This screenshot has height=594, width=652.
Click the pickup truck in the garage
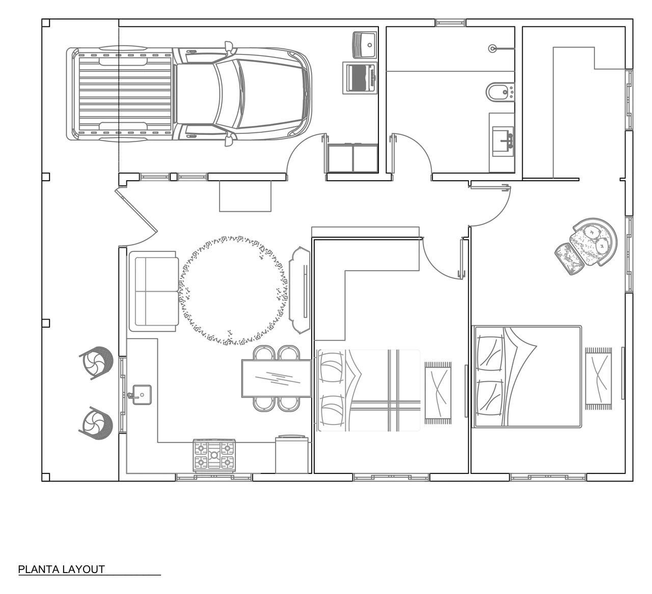(189, 94)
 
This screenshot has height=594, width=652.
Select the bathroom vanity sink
(502, 142)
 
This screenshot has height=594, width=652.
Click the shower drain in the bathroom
(493, 49)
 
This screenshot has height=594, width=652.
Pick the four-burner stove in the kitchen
(214, 455)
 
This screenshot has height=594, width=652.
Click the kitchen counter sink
(142, 394)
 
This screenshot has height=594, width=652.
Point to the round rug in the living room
(233, 290)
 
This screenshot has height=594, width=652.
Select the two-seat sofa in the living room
(153, 291)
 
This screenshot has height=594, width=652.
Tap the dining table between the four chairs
(276, 378)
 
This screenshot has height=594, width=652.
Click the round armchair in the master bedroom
(593, 242)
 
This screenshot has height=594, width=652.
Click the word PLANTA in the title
(38, 570)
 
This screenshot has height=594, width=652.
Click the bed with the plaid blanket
(369, 390)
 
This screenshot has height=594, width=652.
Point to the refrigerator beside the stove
(291, 454)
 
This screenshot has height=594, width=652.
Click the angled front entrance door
(137, 210)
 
